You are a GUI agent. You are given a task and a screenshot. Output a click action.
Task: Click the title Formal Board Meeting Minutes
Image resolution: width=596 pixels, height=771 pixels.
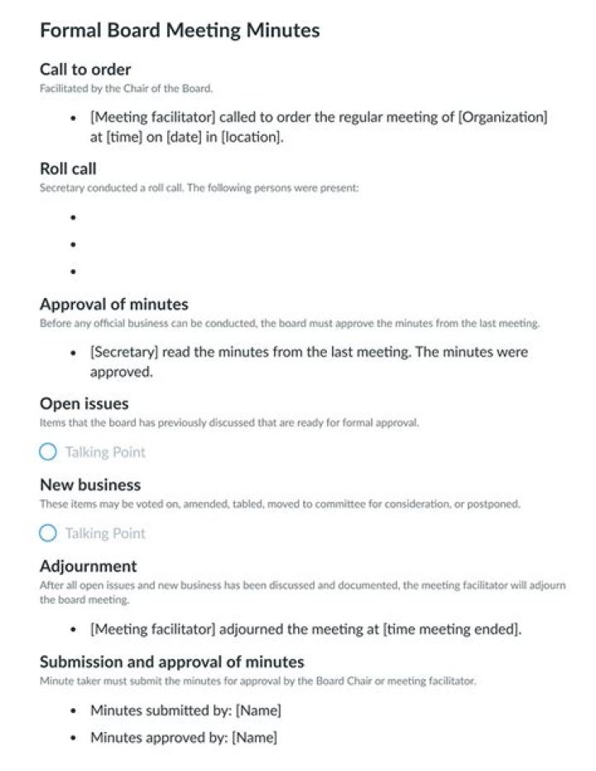[180, 31]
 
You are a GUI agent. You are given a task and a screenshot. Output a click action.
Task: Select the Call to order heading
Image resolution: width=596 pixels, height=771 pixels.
[85, 70]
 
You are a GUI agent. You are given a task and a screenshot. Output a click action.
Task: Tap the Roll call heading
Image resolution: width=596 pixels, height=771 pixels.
[68, 169]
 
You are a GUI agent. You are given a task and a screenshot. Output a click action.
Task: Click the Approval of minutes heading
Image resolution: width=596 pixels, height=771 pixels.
[113, 304]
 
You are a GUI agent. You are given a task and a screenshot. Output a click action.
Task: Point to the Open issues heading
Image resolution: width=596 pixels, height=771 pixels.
[84, 404]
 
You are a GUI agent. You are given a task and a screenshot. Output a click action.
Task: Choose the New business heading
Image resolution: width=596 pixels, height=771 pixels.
[90, 485]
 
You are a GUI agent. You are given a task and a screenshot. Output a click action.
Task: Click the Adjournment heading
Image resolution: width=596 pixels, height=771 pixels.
[88, 566]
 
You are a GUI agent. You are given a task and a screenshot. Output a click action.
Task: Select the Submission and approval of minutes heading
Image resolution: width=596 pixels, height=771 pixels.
[171, 662]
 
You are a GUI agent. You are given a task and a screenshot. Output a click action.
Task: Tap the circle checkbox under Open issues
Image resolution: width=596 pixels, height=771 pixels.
[48, 452]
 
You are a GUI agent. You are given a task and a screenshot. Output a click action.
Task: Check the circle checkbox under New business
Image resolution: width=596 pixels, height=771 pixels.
[48, 533]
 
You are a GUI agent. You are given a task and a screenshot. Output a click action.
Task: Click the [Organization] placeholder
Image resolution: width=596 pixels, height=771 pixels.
[502, 117]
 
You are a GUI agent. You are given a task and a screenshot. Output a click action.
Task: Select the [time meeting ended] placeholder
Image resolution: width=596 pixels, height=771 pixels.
[451, 629]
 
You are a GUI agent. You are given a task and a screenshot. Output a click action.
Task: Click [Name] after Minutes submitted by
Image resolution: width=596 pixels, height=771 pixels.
[258, 711]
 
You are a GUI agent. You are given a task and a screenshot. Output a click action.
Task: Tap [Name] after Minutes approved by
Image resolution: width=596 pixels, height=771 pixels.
[254, 737]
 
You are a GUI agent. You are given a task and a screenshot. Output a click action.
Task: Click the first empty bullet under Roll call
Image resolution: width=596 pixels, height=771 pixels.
[74, 218]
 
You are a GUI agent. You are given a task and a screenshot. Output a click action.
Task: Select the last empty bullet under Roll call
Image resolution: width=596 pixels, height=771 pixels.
[74, 272]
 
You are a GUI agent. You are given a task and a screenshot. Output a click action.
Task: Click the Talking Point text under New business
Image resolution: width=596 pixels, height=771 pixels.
[105, 533]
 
